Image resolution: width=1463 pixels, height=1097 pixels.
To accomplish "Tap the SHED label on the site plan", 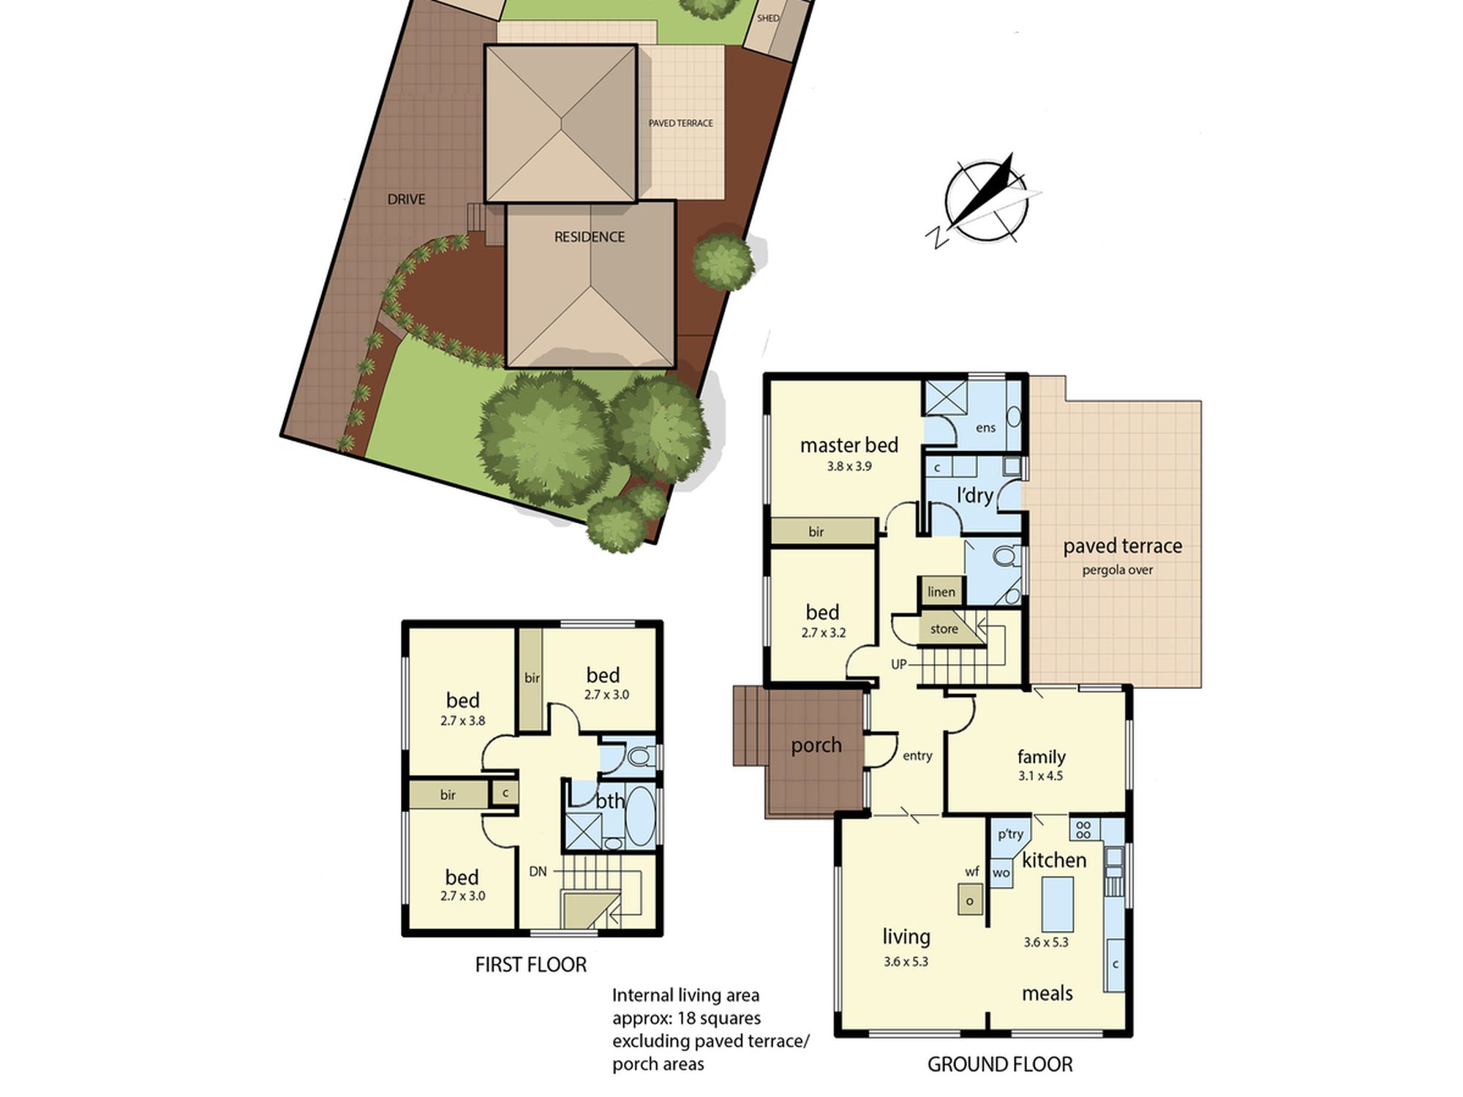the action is point(768,18).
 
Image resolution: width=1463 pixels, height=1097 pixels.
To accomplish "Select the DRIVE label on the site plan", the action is point(406,199).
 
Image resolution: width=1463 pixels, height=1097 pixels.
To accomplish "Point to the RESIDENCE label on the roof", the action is point(590,237).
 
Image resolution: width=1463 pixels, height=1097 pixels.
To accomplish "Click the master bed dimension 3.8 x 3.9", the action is point(849,466).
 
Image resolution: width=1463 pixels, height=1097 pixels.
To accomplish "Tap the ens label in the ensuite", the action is point(986,428).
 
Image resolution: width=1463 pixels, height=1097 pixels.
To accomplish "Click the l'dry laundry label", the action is point(975,496).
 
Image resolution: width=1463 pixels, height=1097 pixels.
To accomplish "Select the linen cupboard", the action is point(941,592).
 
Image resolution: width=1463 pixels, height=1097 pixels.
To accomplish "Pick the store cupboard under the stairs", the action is point(944,629).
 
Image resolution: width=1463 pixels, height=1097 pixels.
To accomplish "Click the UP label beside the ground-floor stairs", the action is point(899,664).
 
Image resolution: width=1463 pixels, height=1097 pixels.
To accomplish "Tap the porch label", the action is point(816,745).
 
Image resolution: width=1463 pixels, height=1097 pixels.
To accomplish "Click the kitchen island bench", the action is point(1058,903).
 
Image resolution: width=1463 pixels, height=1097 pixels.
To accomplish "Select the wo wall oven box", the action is point(1001,873).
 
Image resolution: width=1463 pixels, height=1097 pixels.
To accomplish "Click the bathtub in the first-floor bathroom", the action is point(641,817).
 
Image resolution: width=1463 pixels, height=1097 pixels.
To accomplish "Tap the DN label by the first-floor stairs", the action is point(538,871).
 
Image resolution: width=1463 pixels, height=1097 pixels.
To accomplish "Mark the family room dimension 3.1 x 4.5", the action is point(1040,776).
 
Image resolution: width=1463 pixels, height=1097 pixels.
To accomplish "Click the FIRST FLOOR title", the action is point(531,965).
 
